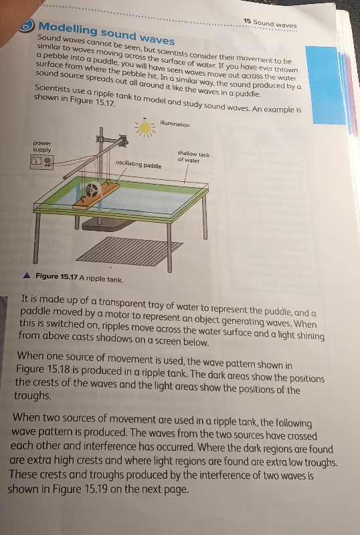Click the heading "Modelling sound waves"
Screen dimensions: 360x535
tap(106, 33)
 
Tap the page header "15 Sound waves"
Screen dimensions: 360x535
tap(270, 23)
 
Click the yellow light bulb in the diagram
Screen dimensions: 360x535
tap(145, 128)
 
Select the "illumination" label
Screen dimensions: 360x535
tap(175, 124)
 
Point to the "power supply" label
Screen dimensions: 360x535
tap(42, 146)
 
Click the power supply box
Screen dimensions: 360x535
tap(42, 161)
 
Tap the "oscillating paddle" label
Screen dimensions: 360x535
tap(139, 164)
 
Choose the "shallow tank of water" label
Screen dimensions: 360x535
tap(193, 156)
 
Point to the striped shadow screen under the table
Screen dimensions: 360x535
tap(129, 251)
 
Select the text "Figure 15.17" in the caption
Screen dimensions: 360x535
tap(57, 277)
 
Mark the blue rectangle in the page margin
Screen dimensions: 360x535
tap(325, 86)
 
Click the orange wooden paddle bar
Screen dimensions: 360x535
tap(96, 197)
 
